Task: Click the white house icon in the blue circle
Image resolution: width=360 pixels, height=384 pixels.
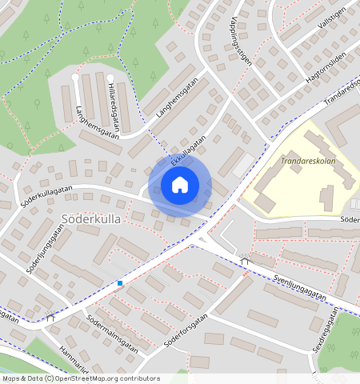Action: pos(180,185)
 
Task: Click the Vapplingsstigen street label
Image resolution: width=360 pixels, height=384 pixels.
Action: pos(239,44)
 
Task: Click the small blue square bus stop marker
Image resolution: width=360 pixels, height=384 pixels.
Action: pos(120,282)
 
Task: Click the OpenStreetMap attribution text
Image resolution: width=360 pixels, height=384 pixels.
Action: pos(80,378)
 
